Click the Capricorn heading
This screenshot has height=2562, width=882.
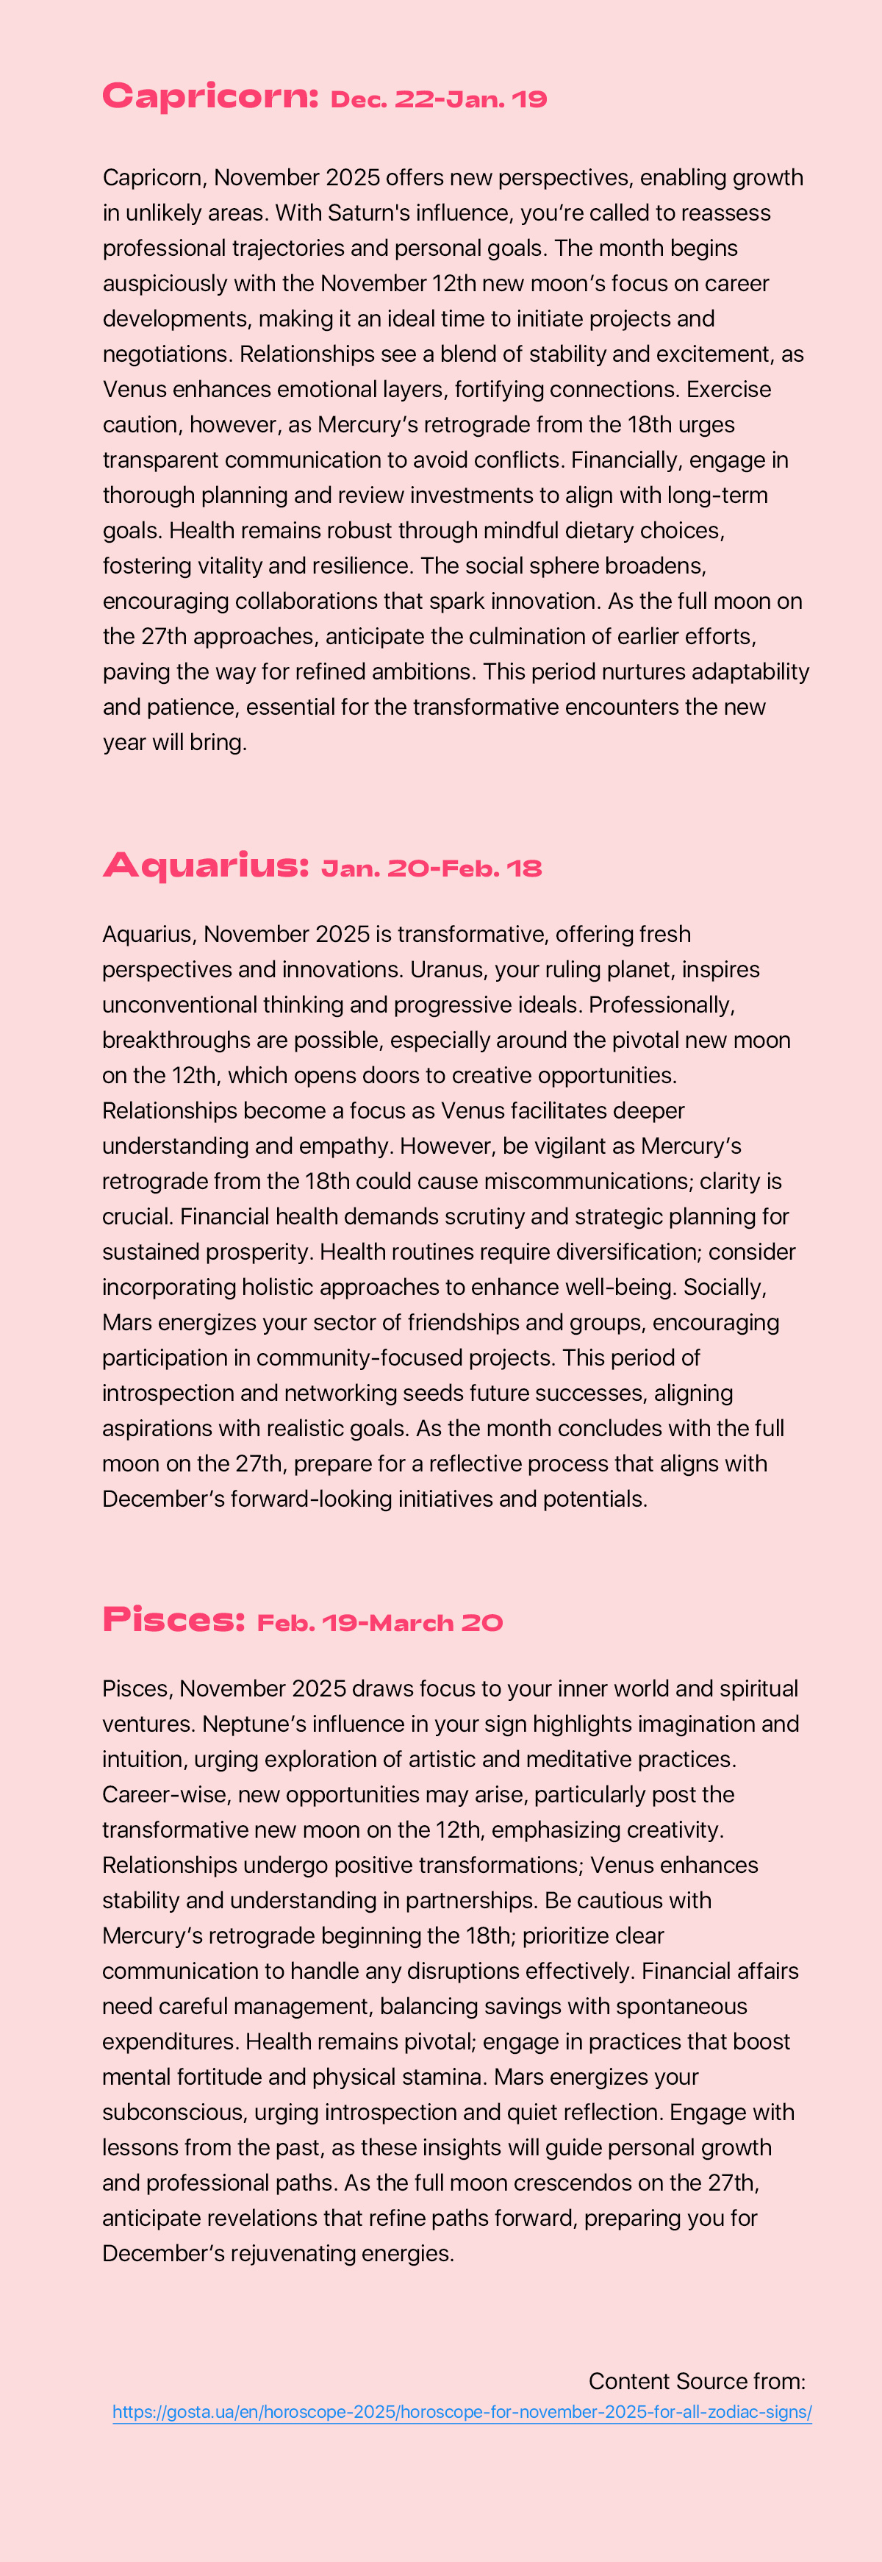click(x=209, y=96)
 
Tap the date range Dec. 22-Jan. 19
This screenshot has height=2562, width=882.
click(x=439, y=99)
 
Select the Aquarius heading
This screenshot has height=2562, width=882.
click(x=206, y=866)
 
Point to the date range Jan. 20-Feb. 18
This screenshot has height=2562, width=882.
click(x=431, y=868)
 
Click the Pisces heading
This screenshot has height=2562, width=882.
click(x=173, y=1620)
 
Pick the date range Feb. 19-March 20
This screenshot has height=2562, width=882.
click(x=380, y=1623)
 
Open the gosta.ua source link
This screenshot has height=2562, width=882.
click(x=462, y=2412)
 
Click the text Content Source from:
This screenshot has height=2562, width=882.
click(x=696, y=2381)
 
